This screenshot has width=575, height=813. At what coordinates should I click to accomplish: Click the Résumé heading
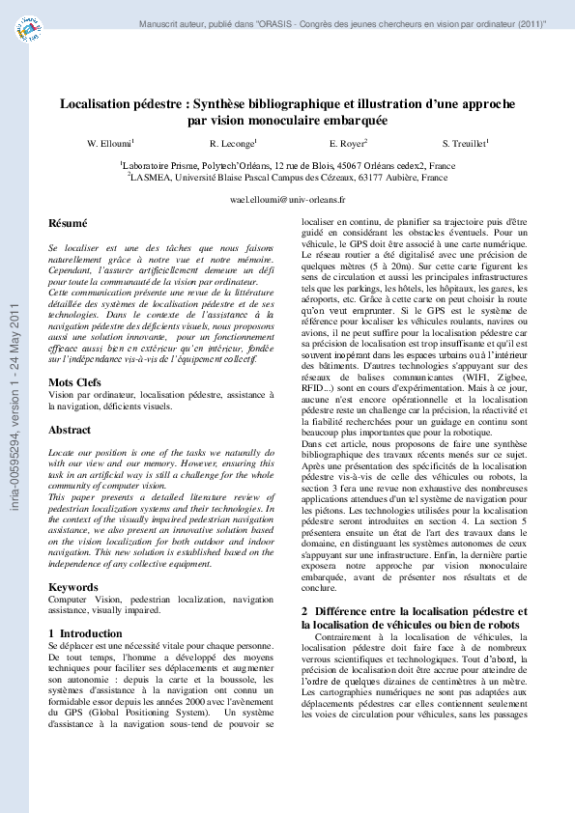(x=68, y=224)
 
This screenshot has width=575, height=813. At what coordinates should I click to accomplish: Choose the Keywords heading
(x=73, y=587)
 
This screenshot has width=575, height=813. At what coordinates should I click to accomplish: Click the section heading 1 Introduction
(x=85, y=633)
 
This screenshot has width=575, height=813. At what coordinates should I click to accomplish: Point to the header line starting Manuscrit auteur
(x=342, y=22)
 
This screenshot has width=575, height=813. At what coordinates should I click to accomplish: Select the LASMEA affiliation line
(x=287, y=178)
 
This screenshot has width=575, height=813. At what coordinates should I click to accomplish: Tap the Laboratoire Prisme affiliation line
(x=287, y=166)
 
